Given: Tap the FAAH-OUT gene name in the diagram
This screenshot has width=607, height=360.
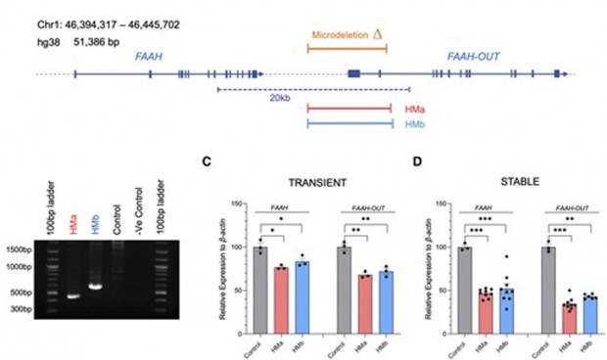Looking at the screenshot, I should pos(473,56).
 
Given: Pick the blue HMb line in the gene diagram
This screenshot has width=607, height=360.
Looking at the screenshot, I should pos(349,123).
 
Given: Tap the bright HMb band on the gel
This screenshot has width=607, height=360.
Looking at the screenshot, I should pos(96,287).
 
